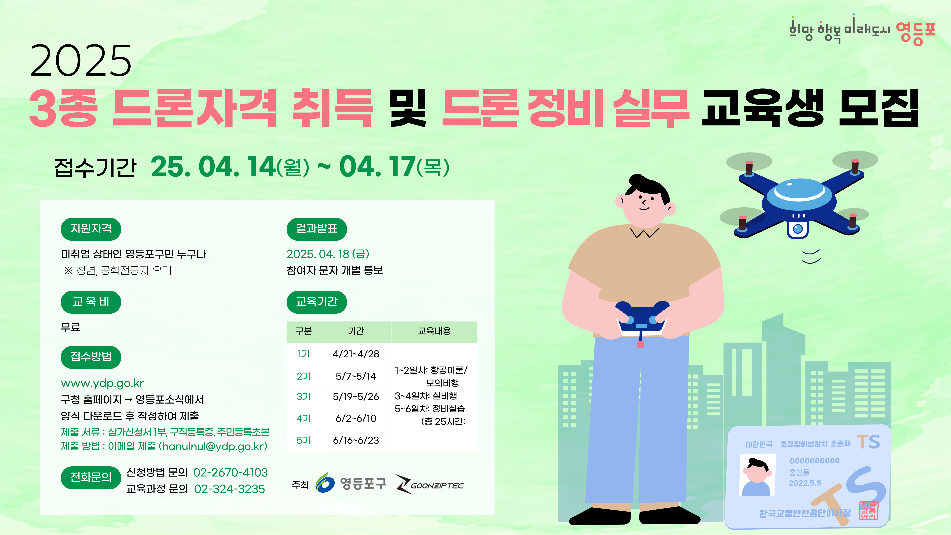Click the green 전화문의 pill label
(x=91, y=477)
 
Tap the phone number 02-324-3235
(x=230, y=489)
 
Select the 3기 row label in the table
(x=304, y=397)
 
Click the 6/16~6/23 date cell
(x=356, y=440)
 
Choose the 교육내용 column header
(x=434, y=331)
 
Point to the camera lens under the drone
(x=798, y=229)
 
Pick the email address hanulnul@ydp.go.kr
(x=213, y=446)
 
